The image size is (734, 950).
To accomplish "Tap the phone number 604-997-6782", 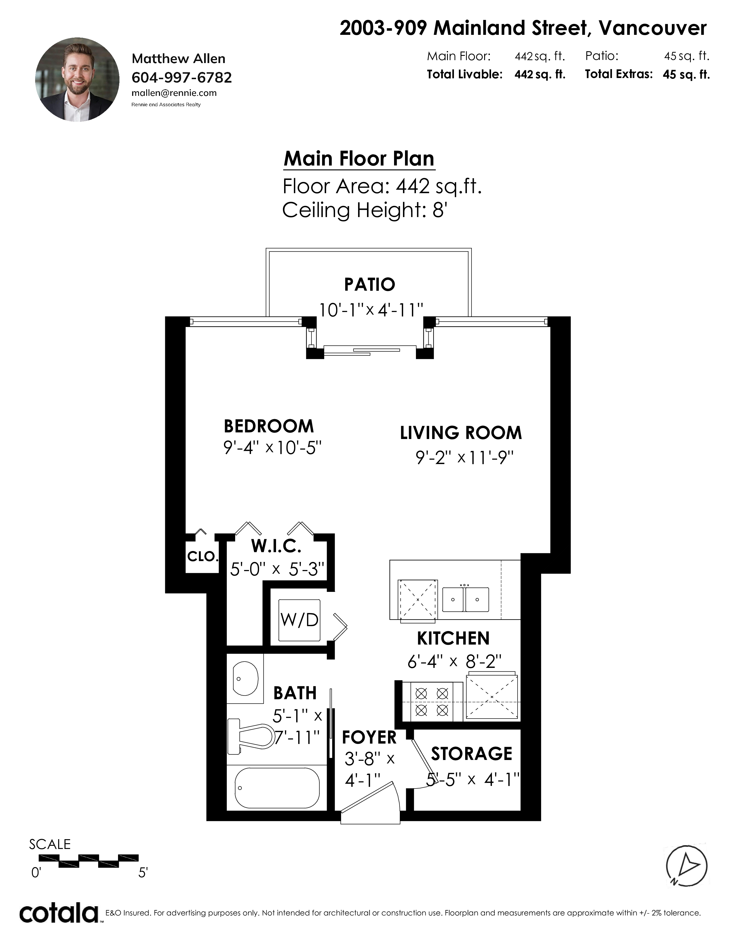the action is point(181,77).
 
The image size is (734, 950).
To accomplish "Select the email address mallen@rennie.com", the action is point(174,93).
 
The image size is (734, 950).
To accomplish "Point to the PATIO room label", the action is point(370,284).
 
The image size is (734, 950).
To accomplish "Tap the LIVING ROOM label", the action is point(461,433).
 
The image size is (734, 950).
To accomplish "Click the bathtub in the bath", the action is point(277,788).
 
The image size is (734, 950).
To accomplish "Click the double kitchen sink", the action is point(465,599).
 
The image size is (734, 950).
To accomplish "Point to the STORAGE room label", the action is point(471,754).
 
